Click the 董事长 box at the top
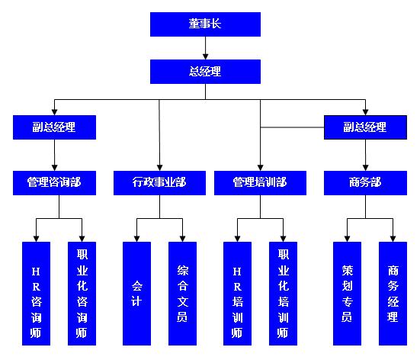tap(205, 24)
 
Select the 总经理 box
tap(205, 72)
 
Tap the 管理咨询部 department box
tap(54, 183)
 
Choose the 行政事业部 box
tap(159, 183)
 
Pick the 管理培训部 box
tap(260, 183)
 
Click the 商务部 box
tap(365, 183)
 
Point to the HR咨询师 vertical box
tap(36, 294)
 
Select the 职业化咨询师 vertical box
tap(82, 294)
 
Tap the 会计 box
tap(137, 294)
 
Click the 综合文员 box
tap(182, 294)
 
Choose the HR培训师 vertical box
tap(237, 294)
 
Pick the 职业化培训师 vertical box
tap(283, 294)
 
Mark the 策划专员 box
tap(347, 294)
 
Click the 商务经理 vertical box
tap(393, 294)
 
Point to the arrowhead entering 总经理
tap(206, 56)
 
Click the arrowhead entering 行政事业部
tap(159, 168)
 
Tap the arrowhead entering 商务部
tap(365, 168)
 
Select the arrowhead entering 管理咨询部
tap(54, 168)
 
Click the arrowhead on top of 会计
tap(137, 239)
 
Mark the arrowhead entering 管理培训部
tap(260, 168)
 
